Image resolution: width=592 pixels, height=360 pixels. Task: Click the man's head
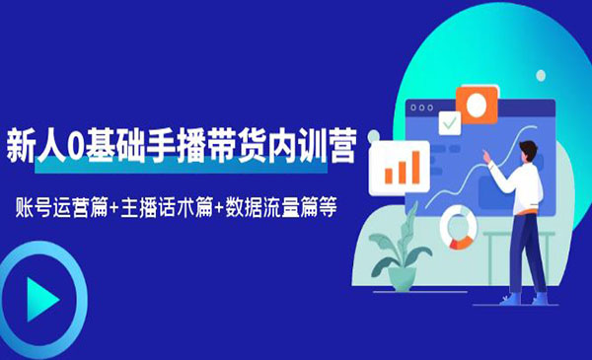[x=527, y=152]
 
